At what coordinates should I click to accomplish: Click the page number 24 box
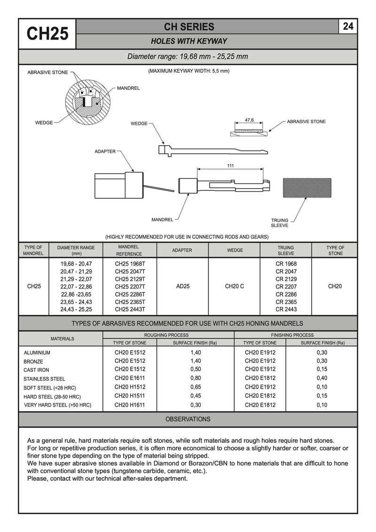[x=348, y=26]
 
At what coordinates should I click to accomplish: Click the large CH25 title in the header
[x=47, y=33]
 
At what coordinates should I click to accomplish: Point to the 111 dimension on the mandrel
[x=230, y=166]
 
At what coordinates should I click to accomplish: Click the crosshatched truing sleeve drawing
[x=307, y=188]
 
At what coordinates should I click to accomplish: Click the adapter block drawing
[x=119, y=186]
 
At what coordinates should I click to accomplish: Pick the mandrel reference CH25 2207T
[x=130, y=287]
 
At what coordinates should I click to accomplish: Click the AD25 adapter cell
[x=182, y=286]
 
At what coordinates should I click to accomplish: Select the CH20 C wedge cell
[x=235, y=286]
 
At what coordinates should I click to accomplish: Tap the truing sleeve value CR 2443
[x=286, y=309]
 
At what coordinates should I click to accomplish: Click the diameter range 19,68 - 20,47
[x=76, y=264]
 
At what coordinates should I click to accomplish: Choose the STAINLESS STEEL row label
[x=44, y=379]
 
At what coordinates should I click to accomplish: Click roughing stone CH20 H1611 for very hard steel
[x=130, y=405]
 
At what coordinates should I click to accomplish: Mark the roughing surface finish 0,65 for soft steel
[x=196, y=387]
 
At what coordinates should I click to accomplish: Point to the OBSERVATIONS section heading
[x=188, y=419]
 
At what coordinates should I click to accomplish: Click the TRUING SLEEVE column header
[x=286, y=250]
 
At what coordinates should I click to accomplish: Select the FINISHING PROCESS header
[x=292, y=335]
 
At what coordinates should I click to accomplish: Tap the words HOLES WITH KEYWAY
[x=189, y=41]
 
